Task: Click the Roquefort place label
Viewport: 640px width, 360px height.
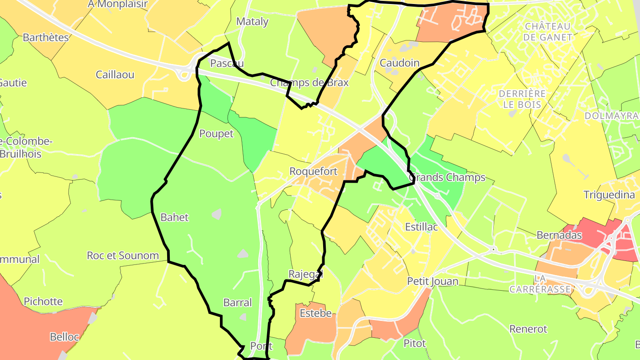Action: (x=313, y=171)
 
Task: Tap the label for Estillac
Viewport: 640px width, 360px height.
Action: (x=421, y=227)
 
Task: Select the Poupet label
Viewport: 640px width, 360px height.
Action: (x=216, y=134)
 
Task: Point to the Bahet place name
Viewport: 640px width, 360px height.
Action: (x=174, y=217)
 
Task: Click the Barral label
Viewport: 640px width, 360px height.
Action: (x=237, y=303)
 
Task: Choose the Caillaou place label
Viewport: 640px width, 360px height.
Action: (x=115, y=75)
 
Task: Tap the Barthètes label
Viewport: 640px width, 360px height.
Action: (x=46, y=37)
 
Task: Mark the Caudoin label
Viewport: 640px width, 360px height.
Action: (x=400, y=63)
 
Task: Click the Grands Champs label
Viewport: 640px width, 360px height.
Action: (x=447, y=177)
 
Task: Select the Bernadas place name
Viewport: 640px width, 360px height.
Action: (x=559, y=235)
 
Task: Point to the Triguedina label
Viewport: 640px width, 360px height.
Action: (x=609, y=195)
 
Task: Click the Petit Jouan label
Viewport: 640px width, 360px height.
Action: (x=432, y=281)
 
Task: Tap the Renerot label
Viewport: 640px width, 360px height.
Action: (x=528, y=329)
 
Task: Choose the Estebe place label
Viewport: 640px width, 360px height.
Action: (x=316, y=313)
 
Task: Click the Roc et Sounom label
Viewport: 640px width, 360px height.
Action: (x=123, y=256)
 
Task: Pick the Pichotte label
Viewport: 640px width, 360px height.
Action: (x=43, y=301)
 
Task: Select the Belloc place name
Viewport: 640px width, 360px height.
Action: (x=64, y=337)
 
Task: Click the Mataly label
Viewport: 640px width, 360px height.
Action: (x=252, y=21)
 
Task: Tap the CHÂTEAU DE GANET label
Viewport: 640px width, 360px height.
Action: (x=548, y=32)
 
